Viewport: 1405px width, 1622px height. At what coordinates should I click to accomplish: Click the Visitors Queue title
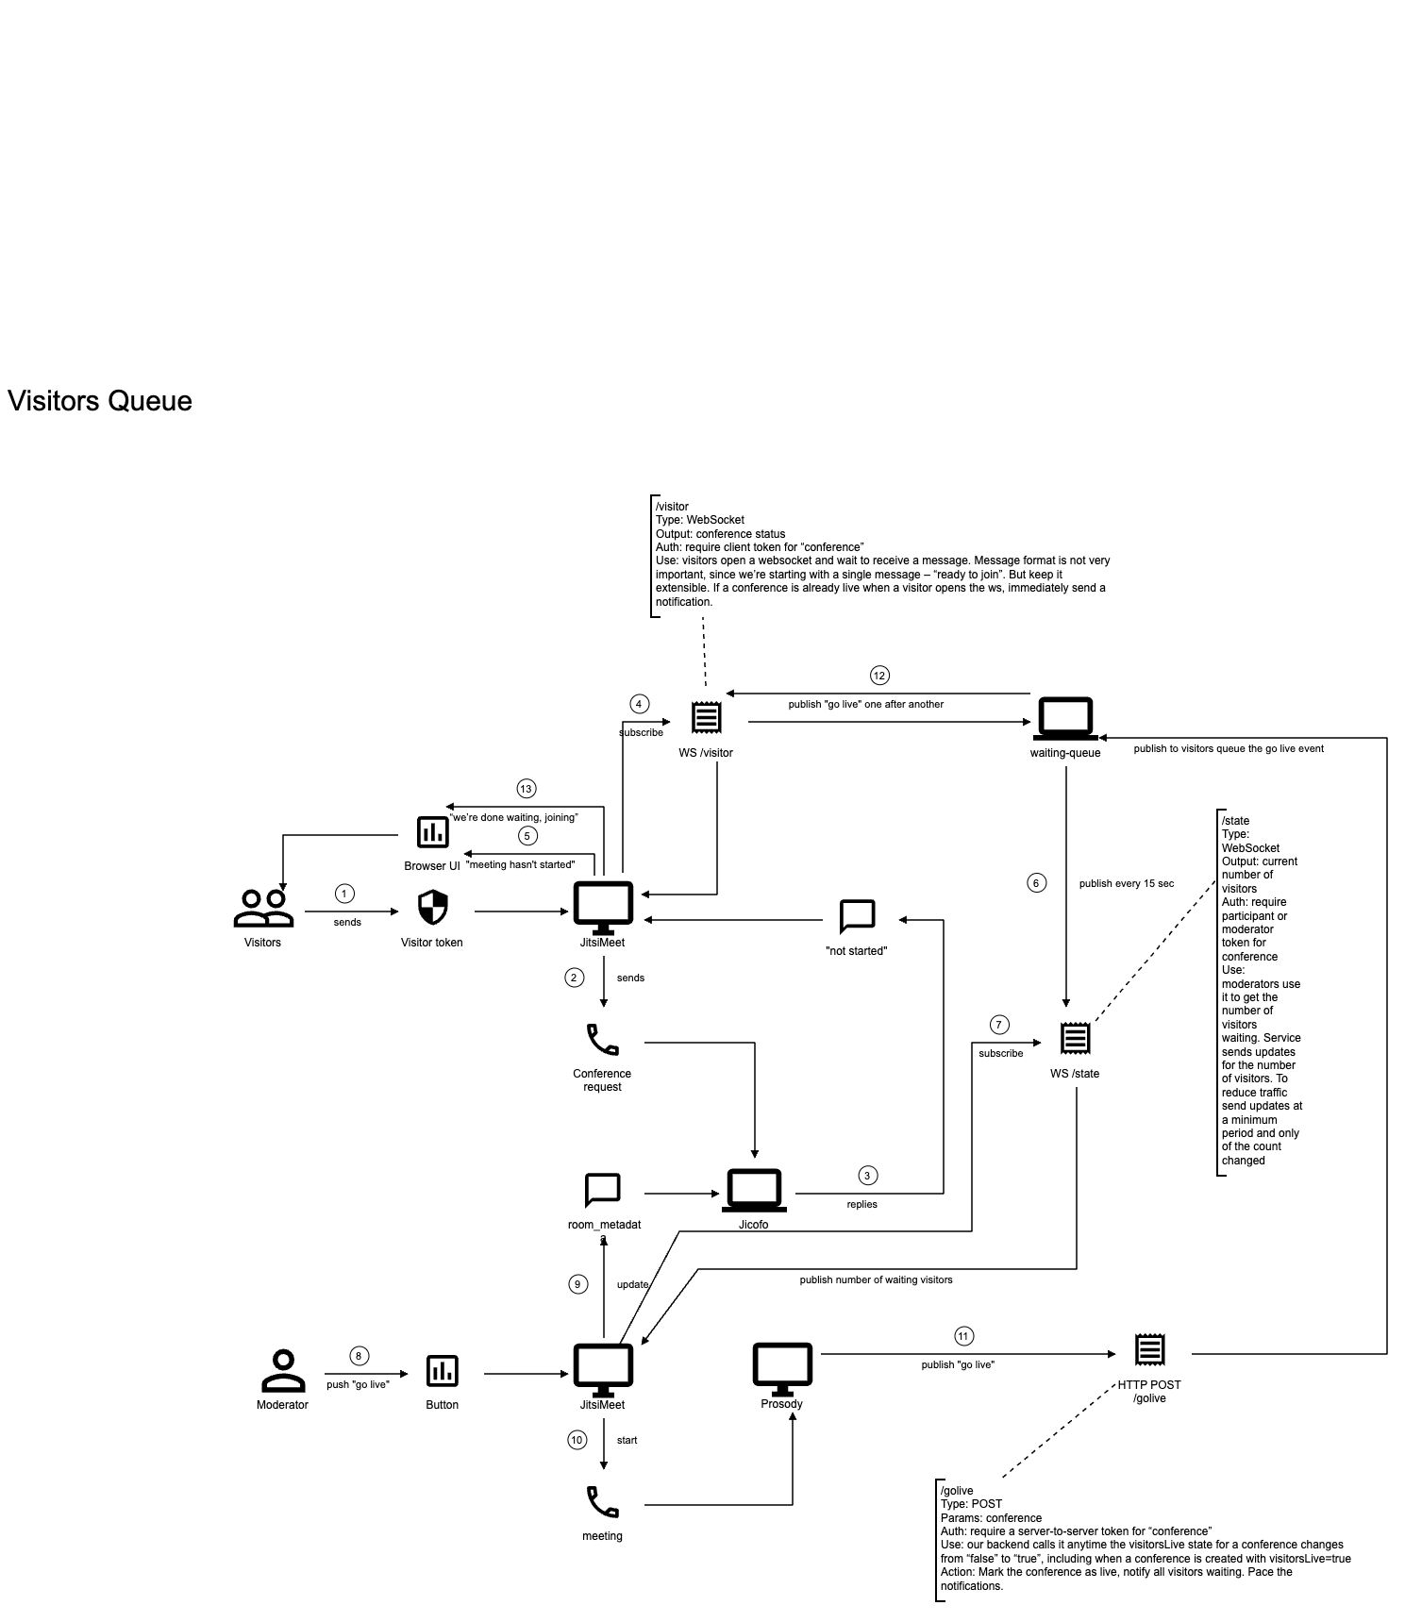click(100, 401)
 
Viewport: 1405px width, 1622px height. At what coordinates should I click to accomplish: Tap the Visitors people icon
click(263, 908)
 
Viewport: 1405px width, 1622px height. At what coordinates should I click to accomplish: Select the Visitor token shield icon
click(432, 908)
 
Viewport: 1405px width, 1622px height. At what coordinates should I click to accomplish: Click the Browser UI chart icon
click(433, 831)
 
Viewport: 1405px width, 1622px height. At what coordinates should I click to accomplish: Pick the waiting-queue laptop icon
click(1065, 720)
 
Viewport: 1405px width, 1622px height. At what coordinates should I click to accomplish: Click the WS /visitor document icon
click(706, 718)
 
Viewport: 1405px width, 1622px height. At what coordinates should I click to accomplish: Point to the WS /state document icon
click(1075, 1039)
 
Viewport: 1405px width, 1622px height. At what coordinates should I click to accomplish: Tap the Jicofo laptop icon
click(754, 1190)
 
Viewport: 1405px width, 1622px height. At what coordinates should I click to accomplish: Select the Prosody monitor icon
click(782, 1369)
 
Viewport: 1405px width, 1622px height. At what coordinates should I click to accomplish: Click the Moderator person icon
click(283, 1371)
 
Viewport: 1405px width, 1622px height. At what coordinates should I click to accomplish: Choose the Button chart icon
click(442, 1371)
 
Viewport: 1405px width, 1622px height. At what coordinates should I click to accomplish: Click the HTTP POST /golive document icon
click(1149, 1350)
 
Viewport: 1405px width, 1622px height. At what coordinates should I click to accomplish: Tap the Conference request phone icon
click(603, 1040)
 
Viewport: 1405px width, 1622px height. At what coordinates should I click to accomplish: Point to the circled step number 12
click(879, 676)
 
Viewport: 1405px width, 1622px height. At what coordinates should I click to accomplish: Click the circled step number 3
click(867, 1176)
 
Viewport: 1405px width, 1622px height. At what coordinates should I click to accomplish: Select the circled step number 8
click(359, 1356)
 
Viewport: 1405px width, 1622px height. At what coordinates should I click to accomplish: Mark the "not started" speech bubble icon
click(857, 915)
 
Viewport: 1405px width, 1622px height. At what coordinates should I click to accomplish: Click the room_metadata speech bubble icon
click(603, 1190)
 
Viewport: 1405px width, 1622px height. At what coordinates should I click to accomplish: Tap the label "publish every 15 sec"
click(1127, 884)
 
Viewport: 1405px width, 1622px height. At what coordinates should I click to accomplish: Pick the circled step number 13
click(526, 789)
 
